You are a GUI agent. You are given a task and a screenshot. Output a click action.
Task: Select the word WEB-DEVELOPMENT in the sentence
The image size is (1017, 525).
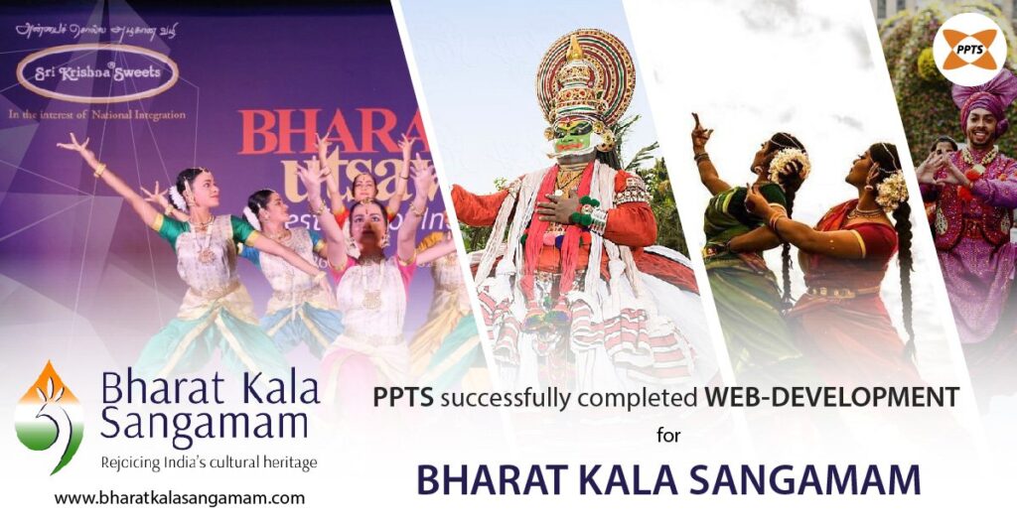[x=832, y=398]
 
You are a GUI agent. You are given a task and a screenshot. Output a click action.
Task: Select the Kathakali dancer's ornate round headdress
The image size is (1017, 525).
[x=585, y=74]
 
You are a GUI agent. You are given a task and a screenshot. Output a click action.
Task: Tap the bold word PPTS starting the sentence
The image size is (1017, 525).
[x=404, y=398]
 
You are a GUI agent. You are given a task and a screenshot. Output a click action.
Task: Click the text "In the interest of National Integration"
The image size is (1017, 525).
[x=96, y=115]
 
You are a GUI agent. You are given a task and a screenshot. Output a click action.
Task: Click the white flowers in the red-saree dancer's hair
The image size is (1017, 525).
[x=891, y=189]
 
